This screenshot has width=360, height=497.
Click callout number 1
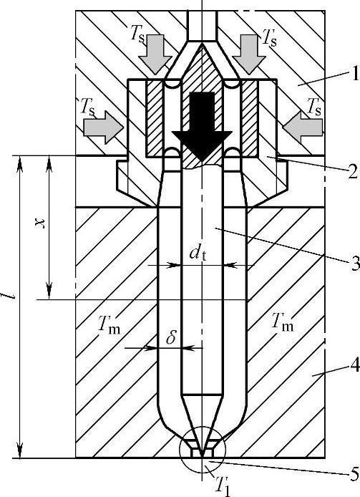354,73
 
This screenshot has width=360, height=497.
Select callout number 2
352,171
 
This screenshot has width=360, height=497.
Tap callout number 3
355,263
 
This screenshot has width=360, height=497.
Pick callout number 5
354,475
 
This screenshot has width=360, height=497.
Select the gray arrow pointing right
103,127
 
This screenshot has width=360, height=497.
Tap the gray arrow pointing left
303,127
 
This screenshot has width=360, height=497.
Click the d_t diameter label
198,253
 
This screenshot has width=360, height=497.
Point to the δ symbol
171,337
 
